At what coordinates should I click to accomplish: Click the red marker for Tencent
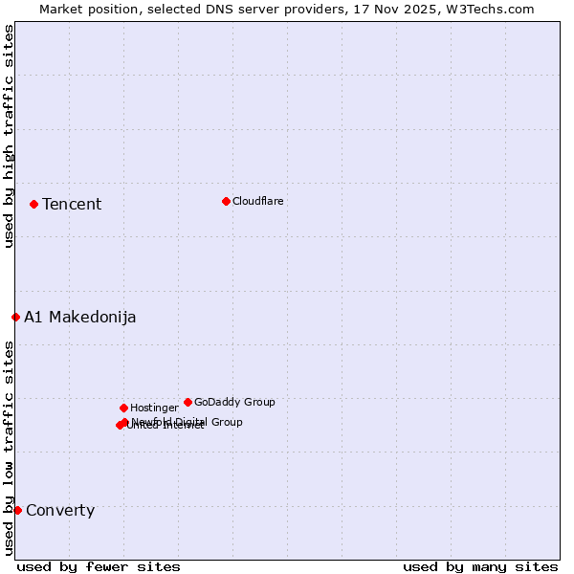click(x=33, y=204)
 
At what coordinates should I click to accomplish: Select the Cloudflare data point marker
click(x=226, y=201)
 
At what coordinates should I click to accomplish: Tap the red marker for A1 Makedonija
click(x=15, y=317)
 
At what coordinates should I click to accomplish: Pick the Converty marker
click(x=17, y=510)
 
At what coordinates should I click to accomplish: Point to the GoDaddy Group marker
click(x=188, y=402)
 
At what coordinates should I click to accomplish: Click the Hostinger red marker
click(x=123, y=408)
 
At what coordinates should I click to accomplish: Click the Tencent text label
click(x=72, y=205)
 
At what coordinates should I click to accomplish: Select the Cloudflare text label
click(x=257, y=202)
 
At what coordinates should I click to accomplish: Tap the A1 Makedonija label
click(x=80, y=318)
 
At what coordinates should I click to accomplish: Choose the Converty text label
click(x=60, y=511)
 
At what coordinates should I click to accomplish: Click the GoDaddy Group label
click(x=234, y=403)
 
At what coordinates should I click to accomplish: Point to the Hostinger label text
click(x=154, y=408)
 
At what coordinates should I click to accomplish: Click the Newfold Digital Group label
click(x=188, y=421)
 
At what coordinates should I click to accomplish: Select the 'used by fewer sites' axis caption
click(x=99, y=566)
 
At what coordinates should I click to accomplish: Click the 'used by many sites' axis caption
click(x=480, y=566)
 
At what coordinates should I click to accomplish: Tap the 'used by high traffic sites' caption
click(x=9, y=136)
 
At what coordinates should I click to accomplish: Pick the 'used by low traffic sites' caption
click(x=9, y=448)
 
